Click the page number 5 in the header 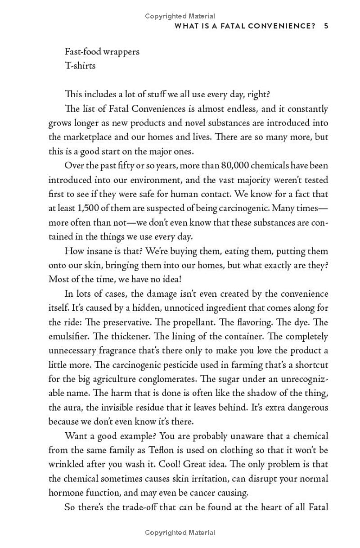point(326,26)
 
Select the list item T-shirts point(80,66)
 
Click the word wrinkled point(66,464)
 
